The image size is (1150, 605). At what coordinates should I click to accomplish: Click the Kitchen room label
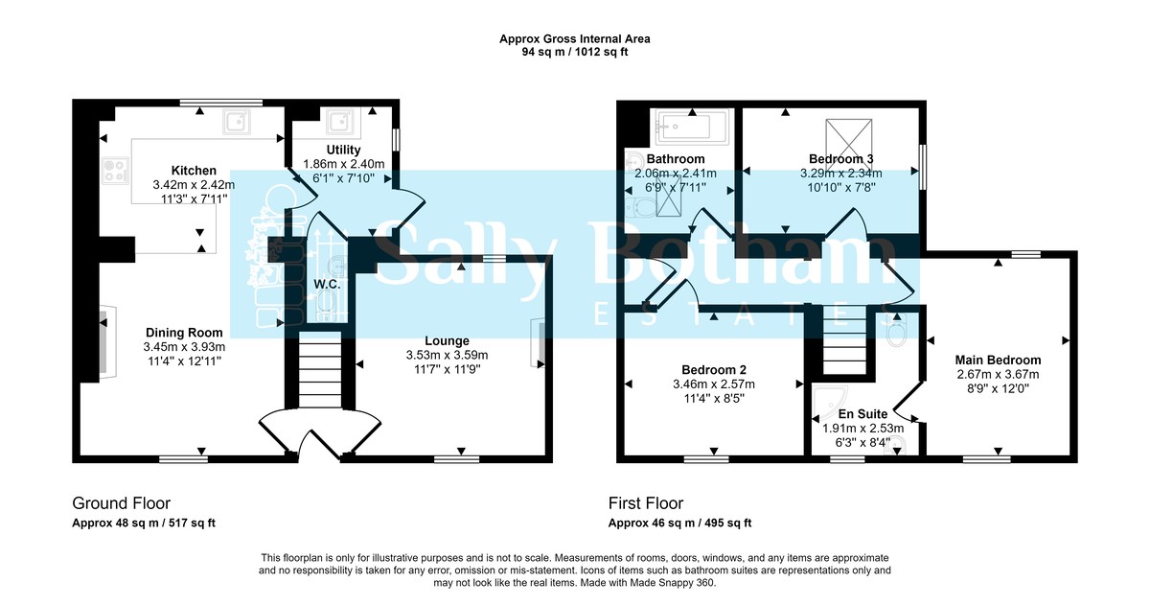[194, 171]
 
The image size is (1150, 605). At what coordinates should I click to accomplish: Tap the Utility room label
[343, 151]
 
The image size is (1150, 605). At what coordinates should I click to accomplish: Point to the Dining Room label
[184, 333]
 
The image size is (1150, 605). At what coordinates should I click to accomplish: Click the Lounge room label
[448, 340]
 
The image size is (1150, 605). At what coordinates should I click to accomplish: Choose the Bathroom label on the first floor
[675, 159]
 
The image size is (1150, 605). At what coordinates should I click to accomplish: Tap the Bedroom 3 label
[840, 159]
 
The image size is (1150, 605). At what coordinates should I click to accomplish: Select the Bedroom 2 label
[714, 370]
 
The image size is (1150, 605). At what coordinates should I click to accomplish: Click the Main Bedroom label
[998, 360]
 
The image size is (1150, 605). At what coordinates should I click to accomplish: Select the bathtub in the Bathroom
[691, 124]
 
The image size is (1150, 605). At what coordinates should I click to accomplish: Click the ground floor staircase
[315, 370]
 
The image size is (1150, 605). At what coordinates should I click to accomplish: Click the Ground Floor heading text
[121, 503]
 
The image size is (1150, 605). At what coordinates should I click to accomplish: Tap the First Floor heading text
[646, 503]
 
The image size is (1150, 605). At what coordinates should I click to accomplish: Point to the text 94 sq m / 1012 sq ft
[575, 54]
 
